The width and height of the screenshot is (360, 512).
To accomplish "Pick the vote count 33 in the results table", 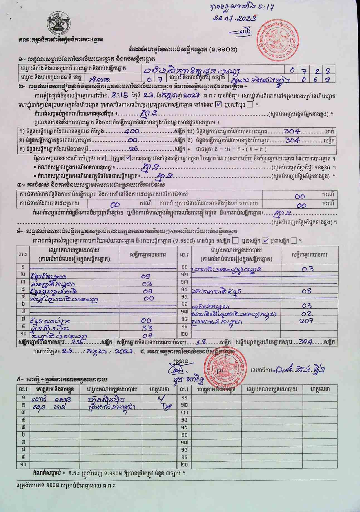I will pos(147,328).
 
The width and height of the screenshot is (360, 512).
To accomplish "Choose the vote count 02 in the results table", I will pos(307,313).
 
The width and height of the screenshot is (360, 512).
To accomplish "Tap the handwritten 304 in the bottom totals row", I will pos(306,342).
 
